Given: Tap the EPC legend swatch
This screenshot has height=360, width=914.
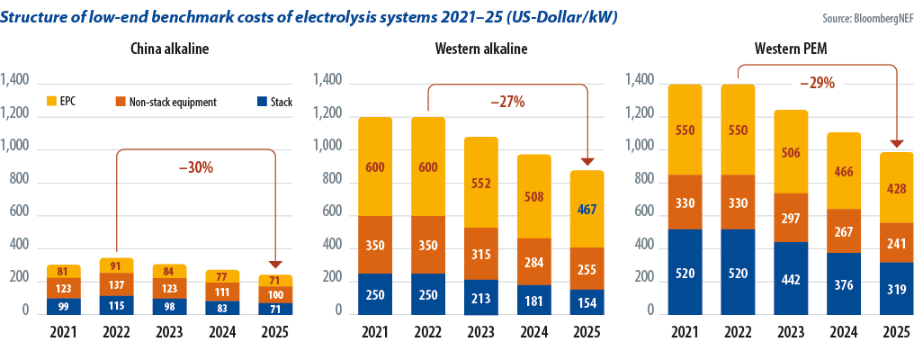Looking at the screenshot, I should [51, 102].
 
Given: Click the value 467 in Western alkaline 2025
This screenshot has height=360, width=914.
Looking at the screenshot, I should [587, 210].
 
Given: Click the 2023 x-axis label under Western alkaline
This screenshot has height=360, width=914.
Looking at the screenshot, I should [481, 331].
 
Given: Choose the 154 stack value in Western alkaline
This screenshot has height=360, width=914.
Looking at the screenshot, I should [587, 301].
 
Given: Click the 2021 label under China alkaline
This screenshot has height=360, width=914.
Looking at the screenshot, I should [63, 331].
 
